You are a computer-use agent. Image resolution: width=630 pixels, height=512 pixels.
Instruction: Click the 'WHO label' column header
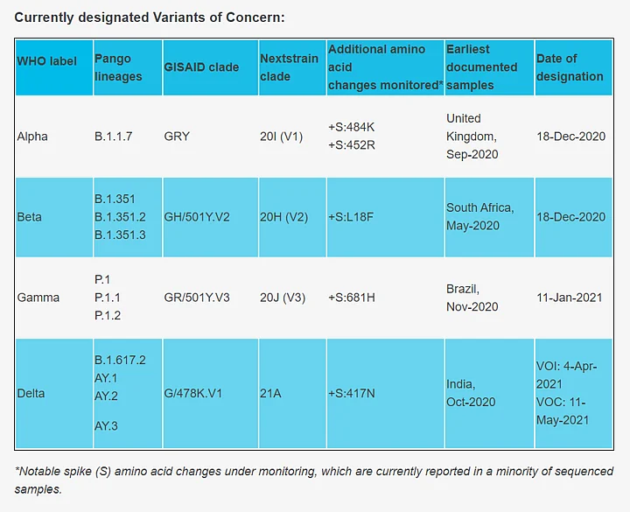click(x=47, y=61)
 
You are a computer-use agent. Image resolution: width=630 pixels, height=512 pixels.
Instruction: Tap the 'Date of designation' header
click(x=570, y=67)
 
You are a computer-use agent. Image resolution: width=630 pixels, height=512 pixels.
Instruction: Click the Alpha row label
click(x=32, y=137)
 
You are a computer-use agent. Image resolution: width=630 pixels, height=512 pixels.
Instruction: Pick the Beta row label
click(x=30, y=217)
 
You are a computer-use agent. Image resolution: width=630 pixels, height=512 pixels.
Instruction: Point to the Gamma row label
click(x=38, y=298)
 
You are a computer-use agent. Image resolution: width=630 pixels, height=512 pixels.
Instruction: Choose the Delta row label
click(x=31, y=394)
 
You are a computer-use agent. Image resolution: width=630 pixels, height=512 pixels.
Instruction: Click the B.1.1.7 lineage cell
click(x=114, y=137)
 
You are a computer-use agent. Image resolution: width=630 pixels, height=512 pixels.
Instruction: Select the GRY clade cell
click(x=177, y=137)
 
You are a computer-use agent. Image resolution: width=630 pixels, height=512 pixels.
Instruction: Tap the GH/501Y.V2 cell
click(x=197, y=217)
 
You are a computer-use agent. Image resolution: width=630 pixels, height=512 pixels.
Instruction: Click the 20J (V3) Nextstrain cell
click(x=283, y=298)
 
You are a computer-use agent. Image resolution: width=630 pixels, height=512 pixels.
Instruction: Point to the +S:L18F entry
click(x=352, y=217)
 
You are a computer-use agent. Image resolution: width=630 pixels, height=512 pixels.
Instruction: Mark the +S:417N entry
click(x=352, y=394)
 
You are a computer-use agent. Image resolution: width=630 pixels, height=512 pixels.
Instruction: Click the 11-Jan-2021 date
click(x=570, y=298)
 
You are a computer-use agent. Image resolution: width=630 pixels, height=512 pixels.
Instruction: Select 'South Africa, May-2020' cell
click(x=479, y=217)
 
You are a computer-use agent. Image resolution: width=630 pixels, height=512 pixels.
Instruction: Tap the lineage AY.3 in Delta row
click(x=106, y=426)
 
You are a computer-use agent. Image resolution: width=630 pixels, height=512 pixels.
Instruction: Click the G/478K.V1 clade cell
click(x=193, y=394)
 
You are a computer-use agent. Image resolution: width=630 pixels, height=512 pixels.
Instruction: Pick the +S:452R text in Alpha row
click(x=352, y=145)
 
